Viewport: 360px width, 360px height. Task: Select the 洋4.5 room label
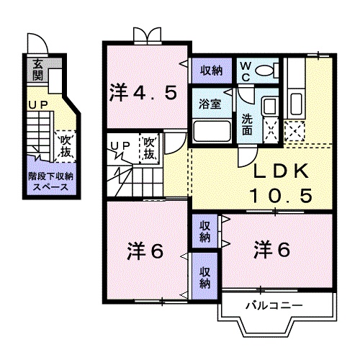[x=143, y=92]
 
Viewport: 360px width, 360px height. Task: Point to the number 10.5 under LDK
[x=280, y=195]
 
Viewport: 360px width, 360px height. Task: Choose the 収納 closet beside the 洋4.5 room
[x=211, y=71]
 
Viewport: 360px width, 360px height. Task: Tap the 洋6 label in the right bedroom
[x=271, y=251]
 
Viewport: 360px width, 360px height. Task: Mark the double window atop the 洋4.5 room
[x=144, y=34]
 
